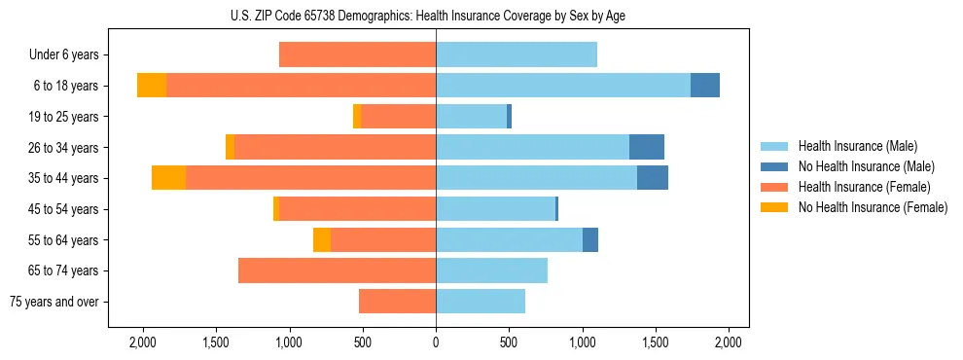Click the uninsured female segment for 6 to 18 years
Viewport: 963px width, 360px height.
pos(152,86)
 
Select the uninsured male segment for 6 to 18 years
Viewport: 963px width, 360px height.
pos(705,86)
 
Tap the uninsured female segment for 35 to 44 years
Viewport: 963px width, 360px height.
pos(169,178)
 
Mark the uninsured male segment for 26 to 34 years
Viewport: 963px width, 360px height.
pos(647,147)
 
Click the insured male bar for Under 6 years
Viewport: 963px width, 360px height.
pos(516,55)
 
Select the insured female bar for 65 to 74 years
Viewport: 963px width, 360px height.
pos(337,270)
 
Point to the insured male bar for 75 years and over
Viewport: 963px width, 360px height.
pos(481,302)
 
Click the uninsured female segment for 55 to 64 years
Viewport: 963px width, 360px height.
pos(322,239)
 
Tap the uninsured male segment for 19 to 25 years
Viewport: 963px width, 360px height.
pos(509,117)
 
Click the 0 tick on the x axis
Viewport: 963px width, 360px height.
pos(436,342)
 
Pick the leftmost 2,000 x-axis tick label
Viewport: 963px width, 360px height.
pos(143,342)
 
